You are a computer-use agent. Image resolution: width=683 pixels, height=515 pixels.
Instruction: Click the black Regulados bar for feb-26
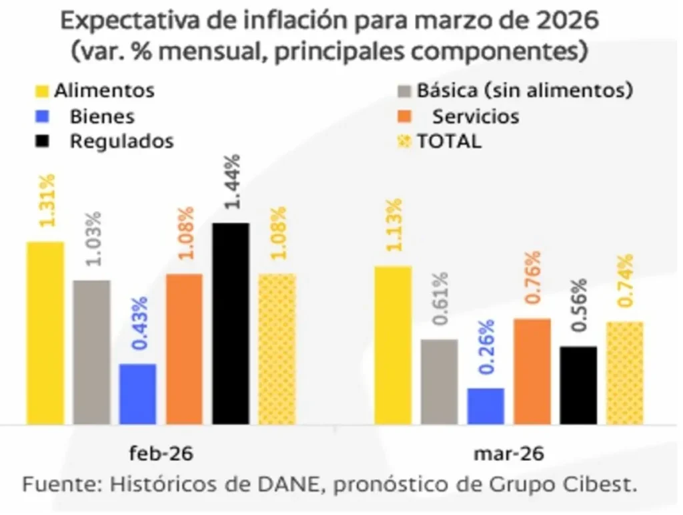tap(231, 323)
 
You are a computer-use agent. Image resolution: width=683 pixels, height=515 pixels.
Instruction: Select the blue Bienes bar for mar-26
tap(486, 406)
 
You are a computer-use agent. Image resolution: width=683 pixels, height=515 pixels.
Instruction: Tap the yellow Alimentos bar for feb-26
tap(45, 333)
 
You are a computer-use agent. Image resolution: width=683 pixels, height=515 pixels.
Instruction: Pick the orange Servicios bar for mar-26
tap(532, 371)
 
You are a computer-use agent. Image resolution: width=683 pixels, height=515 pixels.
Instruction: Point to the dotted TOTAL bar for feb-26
tap(277, 349)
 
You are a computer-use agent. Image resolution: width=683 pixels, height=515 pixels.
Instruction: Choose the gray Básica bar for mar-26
tap(439, 381)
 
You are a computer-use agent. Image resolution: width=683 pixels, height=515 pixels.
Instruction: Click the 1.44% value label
tap(233, 181)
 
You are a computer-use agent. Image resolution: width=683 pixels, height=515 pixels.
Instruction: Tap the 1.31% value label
tap(47, 200)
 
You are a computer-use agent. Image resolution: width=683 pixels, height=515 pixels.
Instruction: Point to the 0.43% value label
tap(139, 323)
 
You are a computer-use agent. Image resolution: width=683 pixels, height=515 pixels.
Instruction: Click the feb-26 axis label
tap(161, 454)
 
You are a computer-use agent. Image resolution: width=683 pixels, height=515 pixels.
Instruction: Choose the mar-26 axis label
tap(509, 454)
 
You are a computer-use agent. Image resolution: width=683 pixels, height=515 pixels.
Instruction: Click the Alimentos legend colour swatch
tap(41, 90)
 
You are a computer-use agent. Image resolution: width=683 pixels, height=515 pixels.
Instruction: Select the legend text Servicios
tap(476, 116)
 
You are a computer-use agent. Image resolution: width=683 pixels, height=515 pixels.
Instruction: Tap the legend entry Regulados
tap(121, 142)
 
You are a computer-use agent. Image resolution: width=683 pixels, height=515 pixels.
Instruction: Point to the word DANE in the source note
tap(283, 484)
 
